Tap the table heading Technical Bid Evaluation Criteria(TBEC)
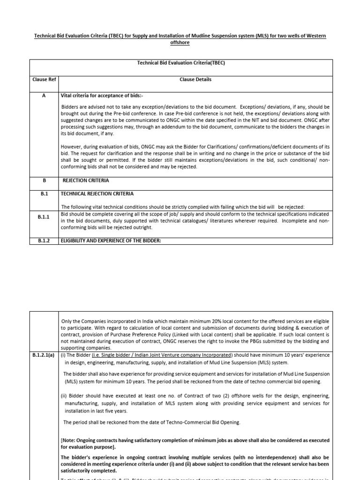(181, 63)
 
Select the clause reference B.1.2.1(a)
(43, 355)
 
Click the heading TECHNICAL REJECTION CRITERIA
(97, 194)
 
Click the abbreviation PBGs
(260, 342)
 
